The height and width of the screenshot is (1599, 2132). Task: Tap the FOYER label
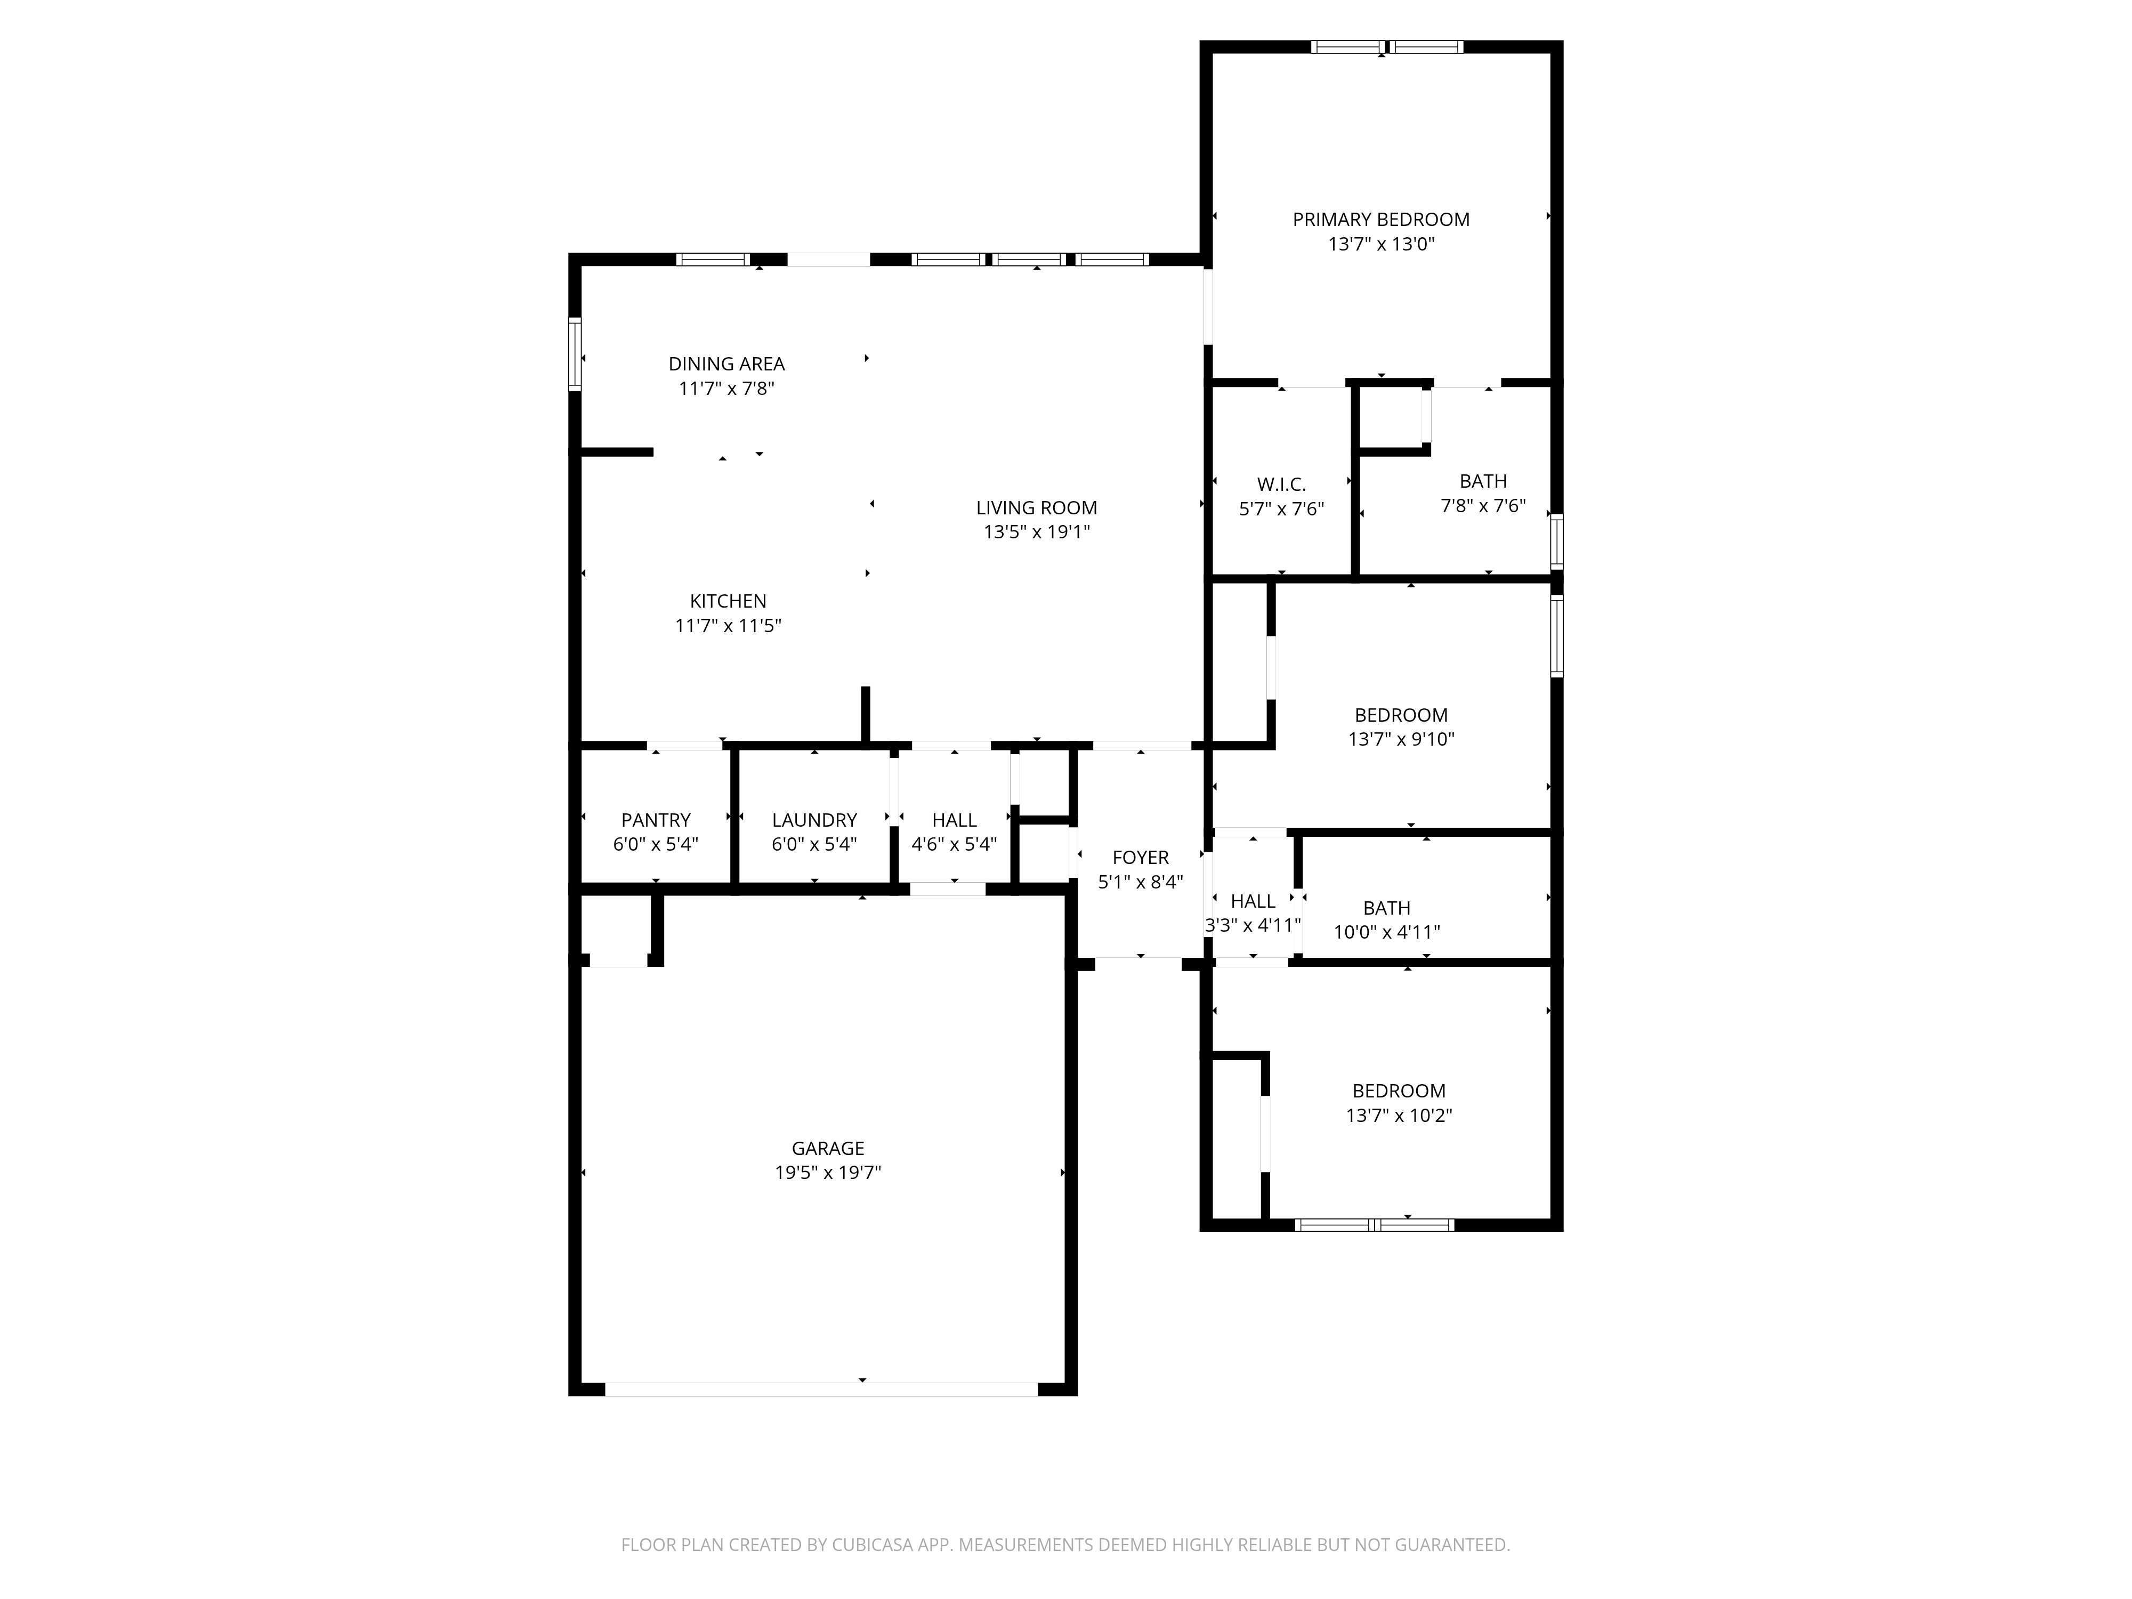tap(1140, 858)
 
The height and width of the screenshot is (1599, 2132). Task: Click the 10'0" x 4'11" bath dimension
tap(1386, 932)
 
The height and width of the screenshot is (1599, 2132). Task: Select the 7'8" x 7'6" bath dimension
tap(1482, 506)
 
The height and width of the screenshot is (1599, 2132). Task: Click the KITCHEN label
tap(728, 601)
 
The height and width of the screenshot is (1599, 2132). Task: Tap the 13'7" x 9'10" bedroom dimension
tap(1400, 739)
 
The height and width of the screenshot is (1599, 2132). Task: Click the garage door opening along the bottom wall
tap(821, 1389)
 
